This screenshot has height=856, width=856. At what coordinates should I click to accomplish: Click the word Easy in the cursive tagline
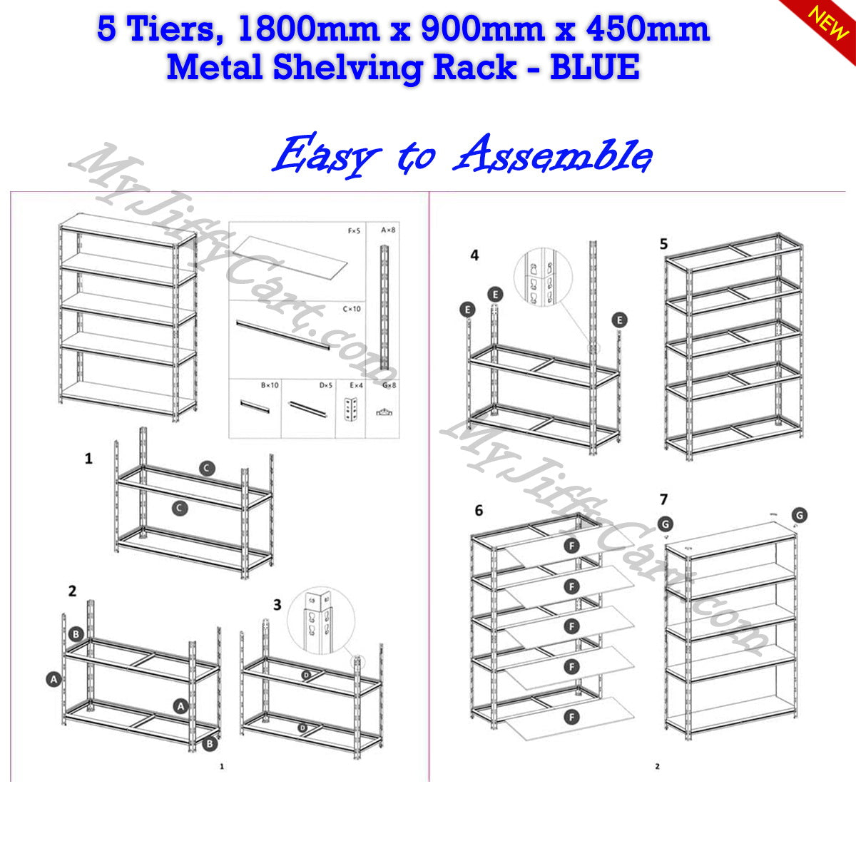(x=325, y=155)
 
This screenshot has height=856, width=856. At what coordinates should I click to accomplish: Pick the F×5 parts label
(x=353, y=230)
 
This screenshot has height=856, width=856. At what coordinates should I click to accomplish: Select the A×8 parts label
(x=388, y=230)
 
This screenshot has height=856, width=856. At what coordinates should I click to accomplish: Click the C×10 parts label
(x=352, y=309)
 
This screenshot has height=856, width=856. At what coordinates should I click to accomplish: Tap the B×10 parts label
(x=269, y=385)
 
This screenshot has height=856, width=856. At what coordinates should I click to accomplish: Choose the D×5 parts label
(x=326, y=385)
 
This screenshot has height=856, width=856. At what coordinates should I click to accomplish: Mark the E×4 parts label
(x=356, y=385)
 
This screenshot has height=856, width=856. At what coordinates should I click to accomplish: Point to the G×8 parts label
(x=389, y=385)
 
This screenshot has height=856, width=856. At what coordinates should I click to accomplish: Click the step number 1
(x=88, y=458)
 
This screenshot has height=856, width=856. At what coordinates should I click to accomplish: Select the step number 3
(x=277, y=605)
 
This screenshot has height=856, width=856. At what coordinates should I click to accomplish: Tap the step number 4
(x=474, y=255)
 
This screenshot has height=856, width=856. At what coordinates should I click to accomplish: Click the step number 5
(x=664, y=244)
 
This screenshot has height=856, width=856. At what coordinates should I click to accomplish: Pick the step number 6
(x=479, y=510)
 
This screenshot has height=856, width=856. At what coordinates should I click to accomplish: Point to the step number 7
(x=664, y=499)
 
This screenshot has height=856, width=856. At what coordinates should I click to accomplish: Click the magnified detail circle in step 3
(x=320, y=619)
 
